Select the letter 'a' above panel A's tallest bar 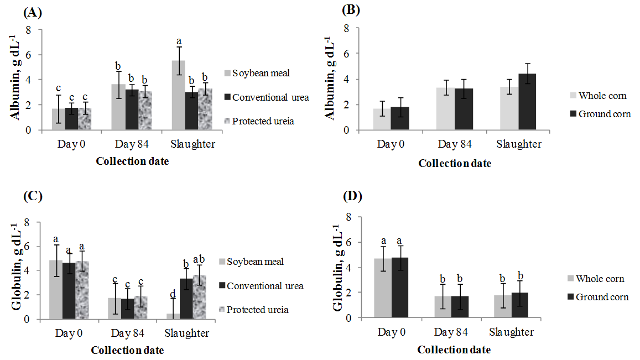coord(179,41)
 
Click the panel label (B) coord(352,9)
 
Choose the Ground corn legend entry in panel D coord(602,297)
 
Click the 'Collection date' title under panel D coord(454,349)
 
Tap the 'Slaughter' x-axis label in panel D coord(511,332)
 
